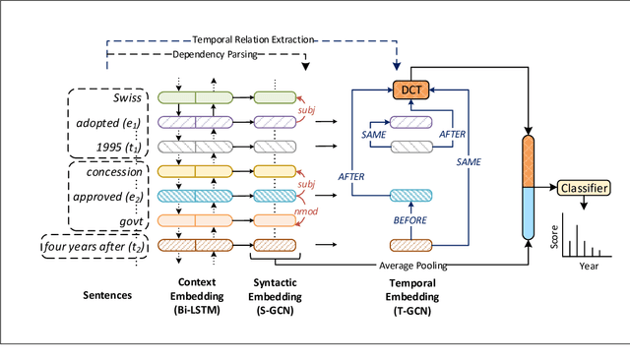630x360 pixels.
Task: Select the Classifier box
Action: (x=585, y=187)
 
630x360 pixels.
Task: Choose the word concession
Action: (x=114, y=174)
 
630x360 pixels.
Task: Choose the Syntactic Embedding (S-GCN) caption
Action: (x=277, y=300)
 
